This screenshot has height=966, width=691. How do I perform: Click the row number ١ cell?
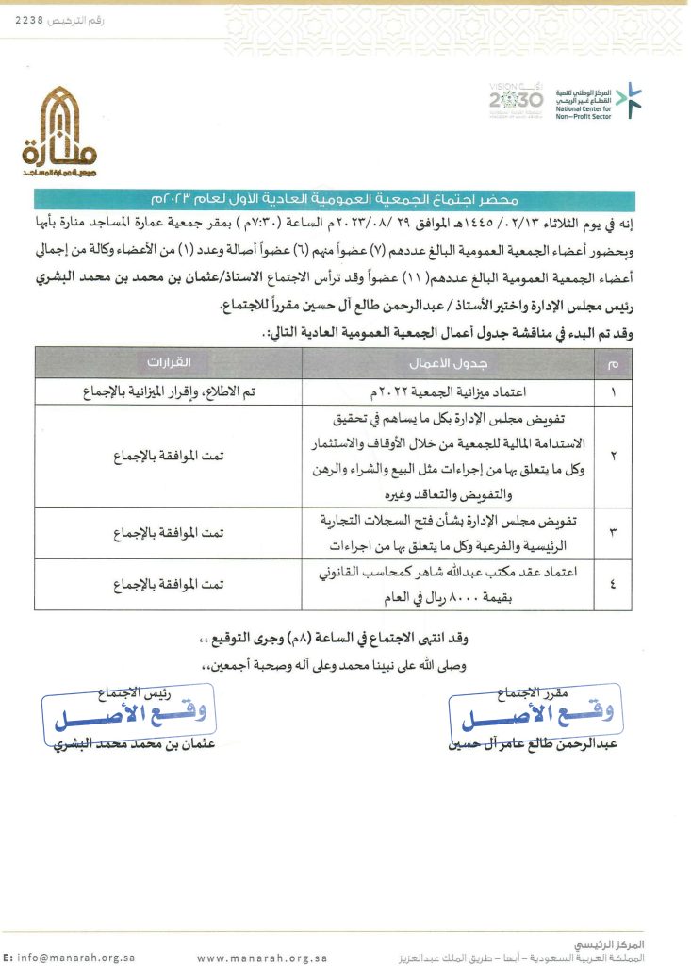614,391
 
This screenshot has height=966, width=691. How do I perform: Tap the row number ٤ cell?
614,585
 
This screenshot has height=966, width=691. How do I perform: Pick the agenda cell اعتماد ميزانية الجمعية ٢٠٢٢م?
447,391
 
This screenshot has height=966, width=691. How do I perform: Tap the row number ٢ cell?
614,456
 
